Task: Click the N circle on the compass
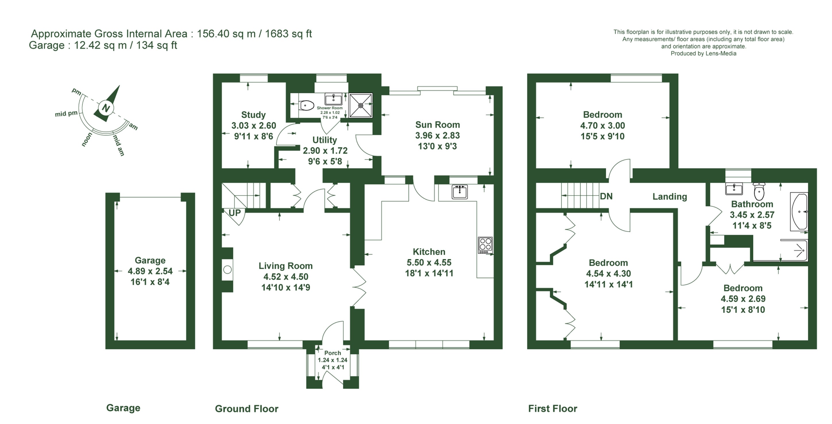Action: click(x=106, y=108)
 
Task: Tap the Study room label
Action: click(x=254, y=115)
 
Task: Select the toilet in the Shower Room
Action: click(x=306, y=105)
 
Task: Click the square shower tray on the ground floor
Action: click(x=361, y=105)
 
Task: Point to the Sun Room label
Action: click(x=437, y=125)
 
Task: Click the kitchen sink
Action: click(x=460, y=192)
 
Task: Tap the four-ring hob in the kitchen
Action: click(x=485, y=245)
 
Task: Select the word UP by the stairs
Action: click(x=235, y=213)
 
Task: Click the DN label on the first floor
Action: click(x=606, y=196)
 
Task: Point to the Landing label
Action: click(x=669, y=196)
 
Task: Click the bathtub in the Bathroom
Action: click(x=799, y=212)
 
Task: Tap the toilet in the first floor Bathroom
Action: click(x=759, y=191)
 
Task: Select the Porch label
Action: click(x=333, y=353)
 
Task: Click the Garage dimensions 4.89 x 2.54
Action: click(x=150, y=271)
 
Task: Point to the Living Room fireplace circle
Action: click(x=227, y=270)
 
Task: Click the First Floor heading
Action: click(x=553, y=408)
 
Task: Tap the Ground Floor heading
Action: click(x=247, y=408)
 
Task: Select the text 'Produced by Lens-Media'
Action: click(x=703, y=54)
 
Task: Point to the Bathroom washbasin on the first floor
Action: click(x=734, y=189)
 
